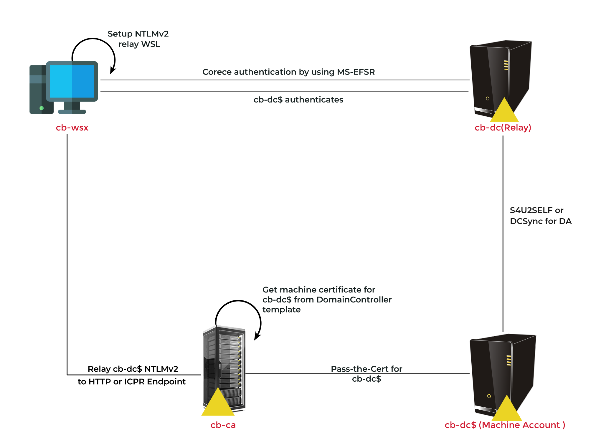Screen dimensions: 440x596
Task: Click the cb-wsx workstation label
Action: coord(72,128)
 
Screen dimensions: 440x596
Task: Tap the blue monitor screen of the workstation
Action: coord(72,81)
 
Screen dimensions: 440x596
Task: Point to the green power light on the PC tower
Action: coord(42,108)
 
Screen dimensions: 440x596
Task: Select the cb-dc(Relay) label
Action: coord(503,128)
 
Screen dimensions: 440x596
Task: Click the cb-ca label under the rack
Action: coord(223,425)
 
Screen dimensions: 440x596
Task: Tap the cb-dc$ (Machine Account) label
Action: coord(505,425)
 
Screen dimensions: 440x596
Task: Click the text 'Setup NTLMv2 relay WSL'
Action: coord(138,39)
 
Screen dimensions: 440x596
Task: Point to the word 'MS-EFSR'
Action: coord(356,72)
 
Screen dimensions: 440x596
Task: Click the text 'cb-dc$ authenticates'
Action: coord(298,100)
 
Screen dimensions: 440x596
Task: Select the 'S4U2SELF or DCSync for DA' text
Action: coord(540,216)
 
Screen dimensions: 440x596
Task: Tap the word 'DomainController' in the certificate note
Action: coord(354,300)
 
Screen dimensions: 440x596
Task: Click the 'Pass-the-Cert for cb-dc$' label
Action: coord(366,373)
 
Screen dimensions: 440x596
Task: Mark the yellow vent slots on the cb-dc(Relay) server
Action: coord(506,65)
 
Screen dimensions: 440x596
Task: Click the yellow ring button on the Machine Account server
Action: coord(489,396)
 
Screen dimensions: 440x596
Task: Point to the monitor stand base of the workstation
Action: coord(72,112)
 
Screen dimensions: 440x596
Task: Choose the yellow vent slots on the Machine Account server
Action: coord(509,360)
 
